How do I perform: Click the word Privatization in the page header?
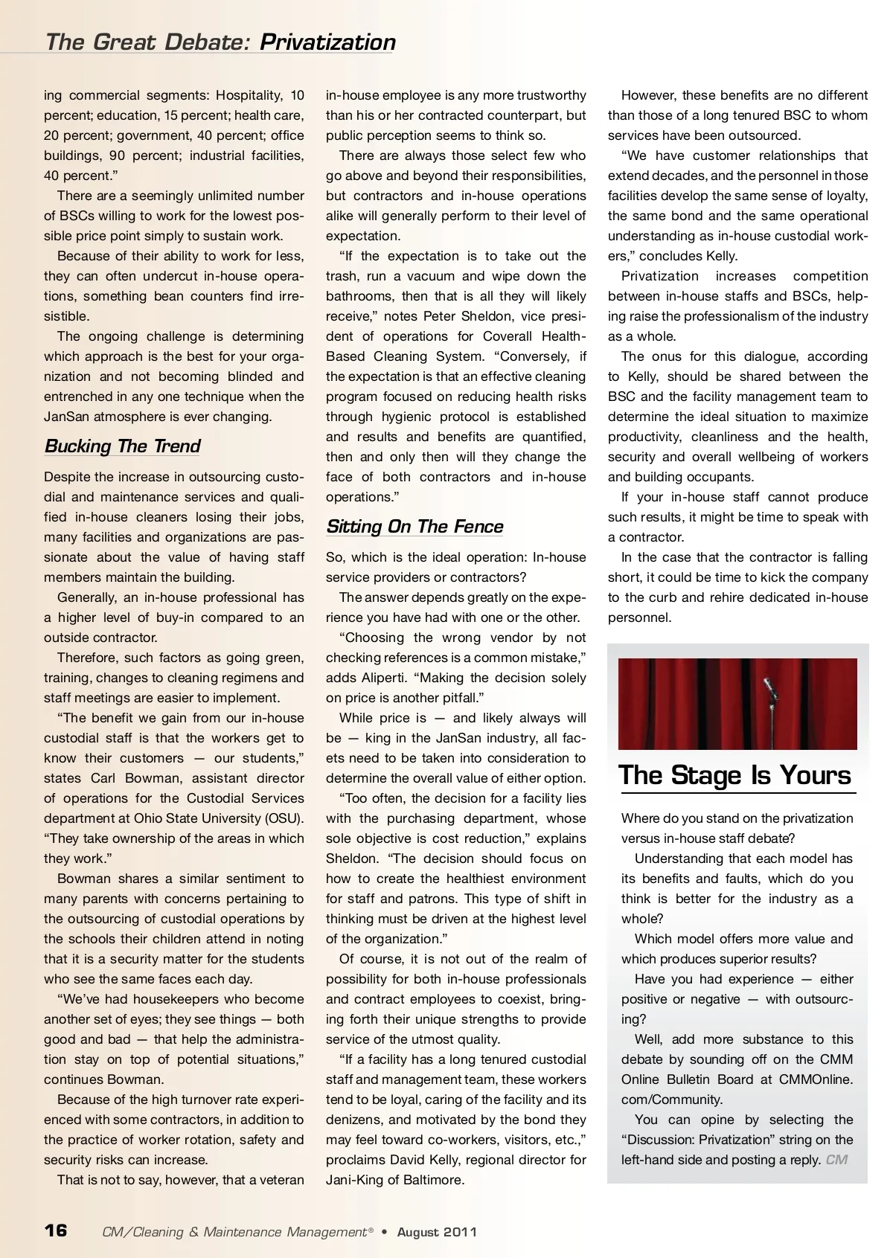click(327, 42)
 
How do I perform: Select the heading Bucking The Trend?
click(122, 446)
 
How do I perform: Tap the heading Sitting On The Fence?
click(415, 527)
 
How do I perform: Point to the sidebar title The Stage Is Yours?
click(734, 775)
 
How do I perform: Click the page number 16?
click(56, 1230)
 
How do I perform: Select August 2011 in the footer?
click(437, 1232)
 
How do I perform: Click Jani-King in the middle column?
click(353, 1180)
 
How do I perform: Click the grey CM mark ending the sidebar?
click(836, 1160)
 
